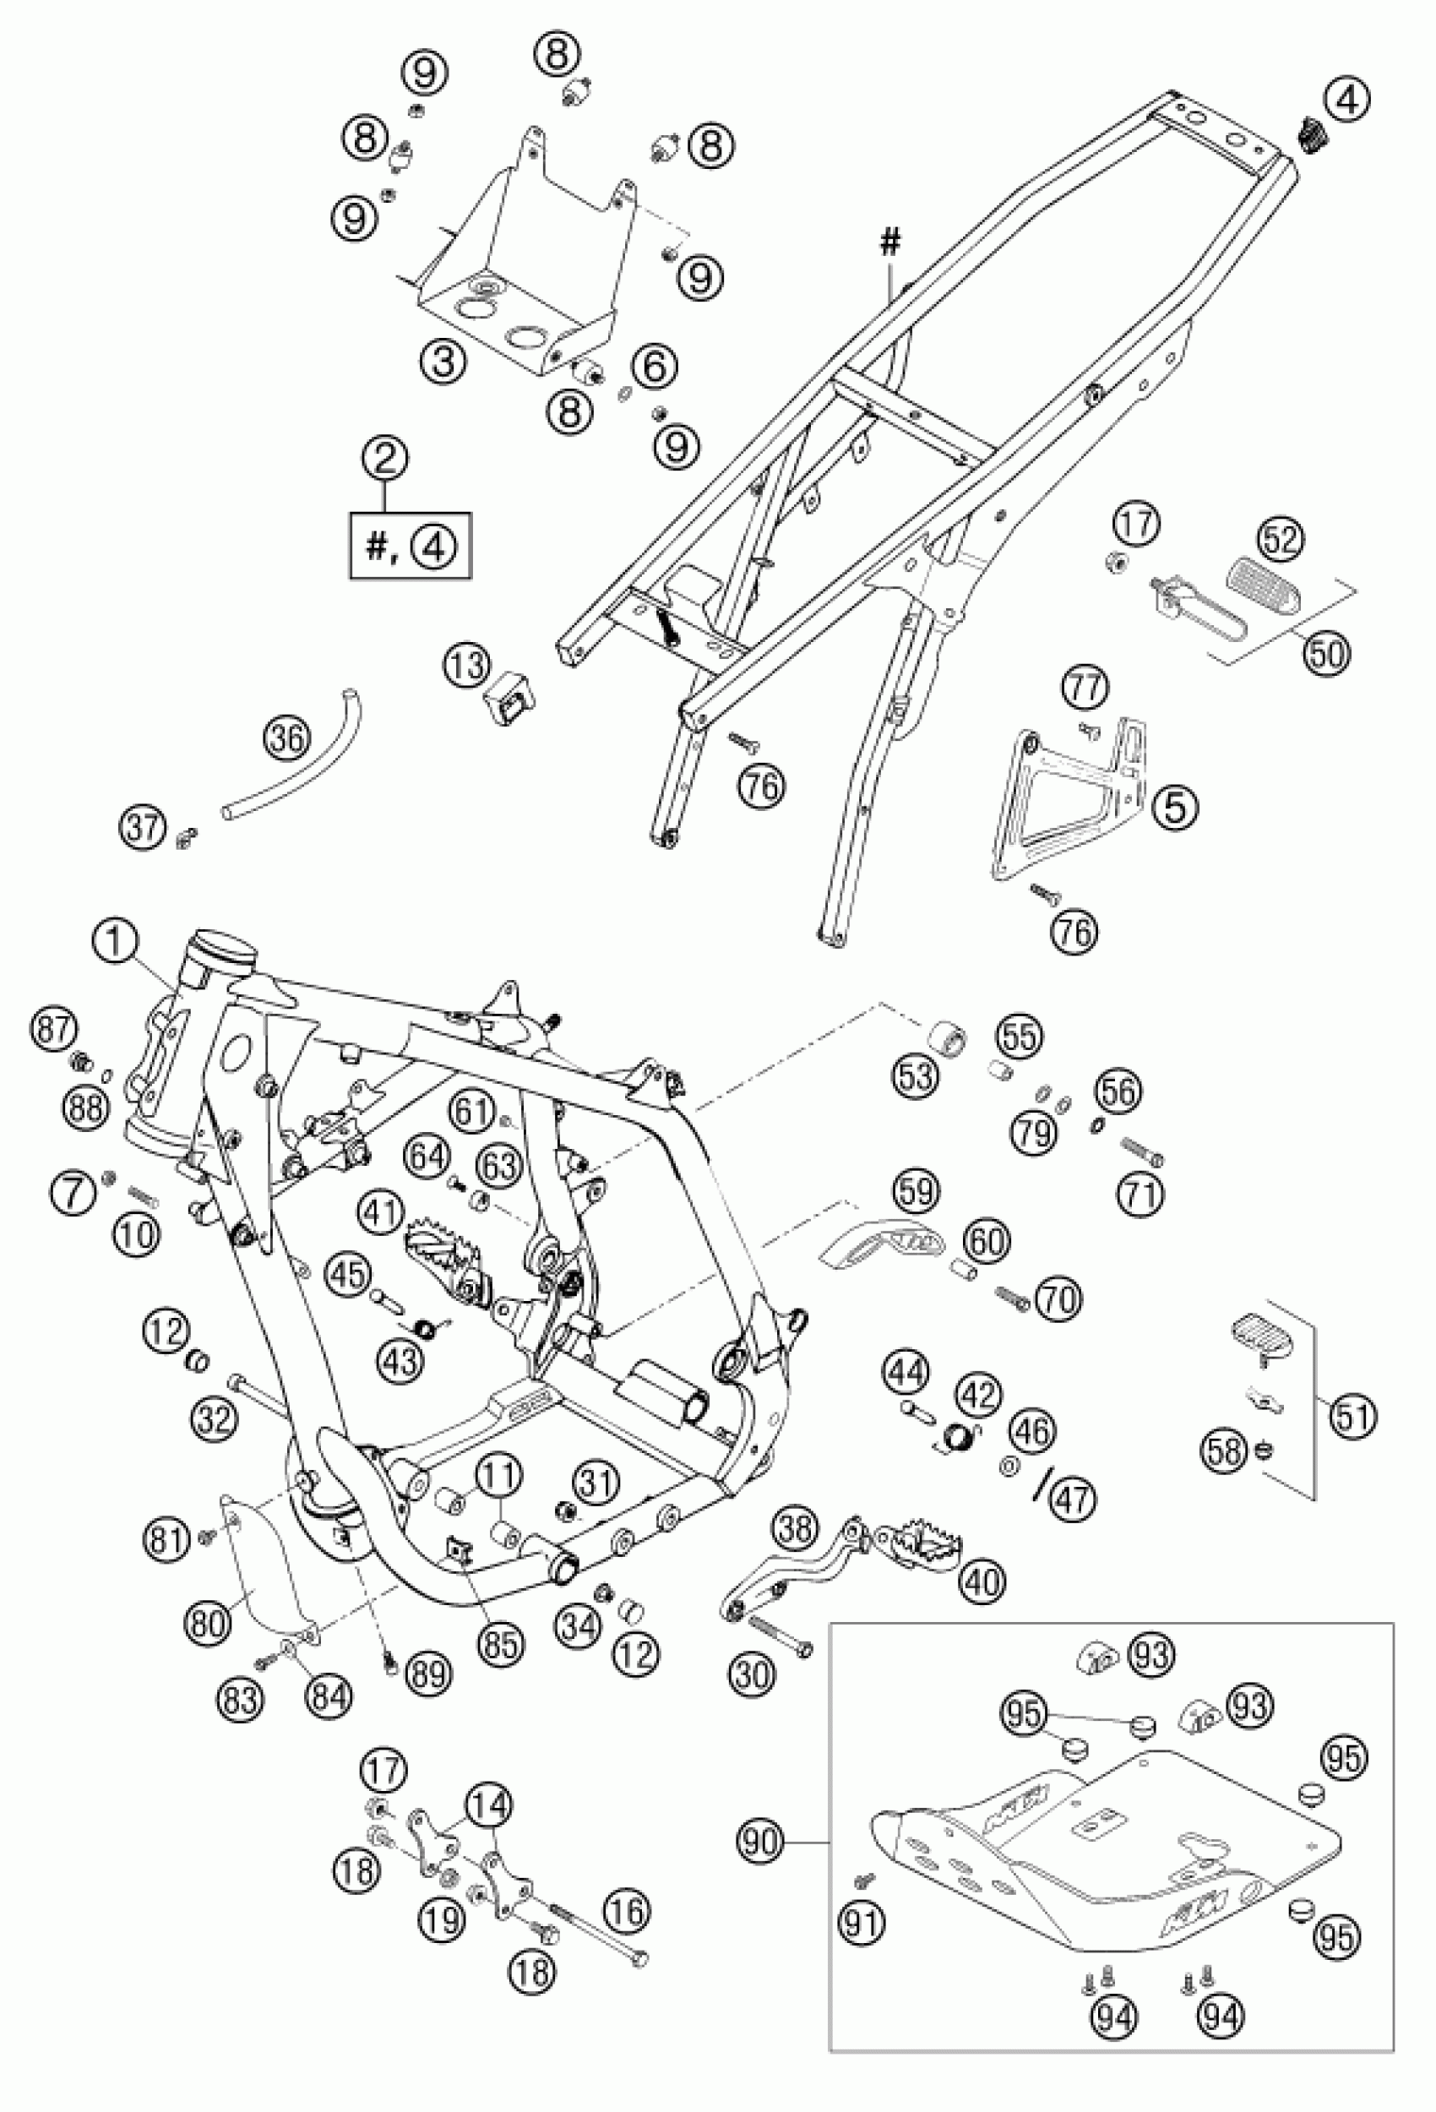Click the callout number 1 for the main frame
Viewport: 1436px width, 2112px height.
point(116,945)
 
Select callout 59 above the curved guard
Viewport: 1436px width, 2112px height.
point(917,1190)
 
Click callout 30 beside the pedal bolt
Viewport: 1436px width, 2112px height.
point(753,1673)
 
